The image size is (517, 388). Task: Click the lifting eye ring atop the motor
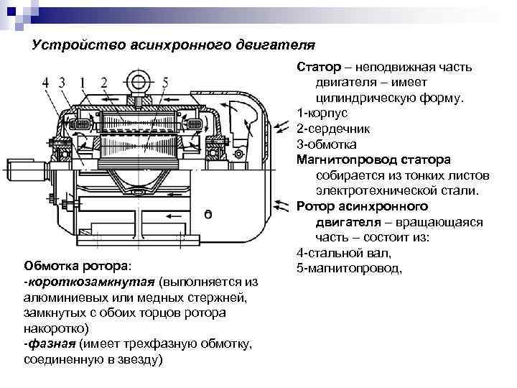[136, 79]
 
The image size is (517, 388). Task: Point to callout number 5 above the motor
[166, 82]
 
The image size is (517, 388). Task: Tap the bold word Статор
[317, 67]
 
